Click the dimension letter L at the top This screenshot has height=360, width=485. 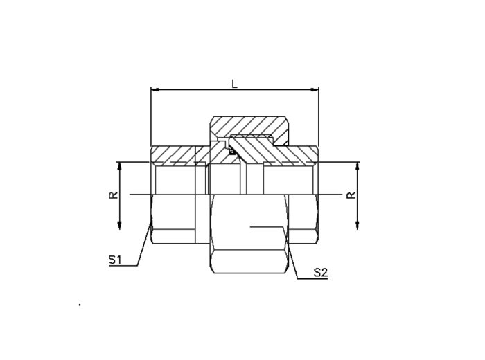[235, 84]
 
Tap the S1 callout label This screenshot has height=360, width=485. [115, 260]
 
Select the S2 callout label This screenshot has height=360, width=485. [320, 273]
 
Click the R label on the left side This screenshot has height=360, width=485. [114, 195]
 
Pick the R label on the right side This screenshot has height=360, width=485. [351, 195]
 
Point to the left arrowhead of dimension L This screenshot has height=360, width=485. [155, 89]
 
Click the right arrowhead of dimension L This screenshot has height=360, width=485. [315, 89]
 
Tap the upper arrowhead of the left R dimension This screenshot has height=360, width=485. [120, 166]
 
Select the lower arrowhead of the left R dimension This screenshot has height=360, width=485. [120, 225]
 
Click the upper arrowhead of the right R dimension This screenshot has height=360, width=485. [358, 166]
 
